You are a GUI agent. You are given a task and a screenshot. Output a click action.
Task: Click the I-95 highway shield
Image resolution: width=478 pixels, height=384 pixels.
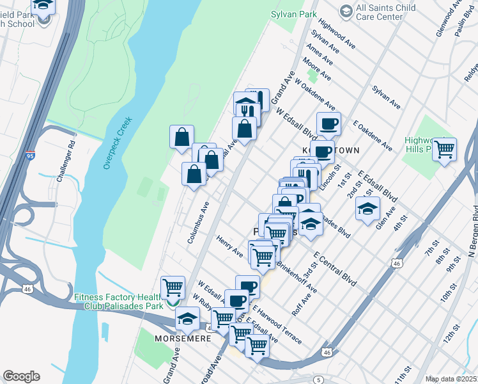coord(31,156)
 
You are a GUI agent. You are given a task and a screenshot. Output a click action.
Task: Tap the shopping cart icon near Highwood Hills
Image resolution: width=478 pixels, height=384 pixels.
coord(444,150)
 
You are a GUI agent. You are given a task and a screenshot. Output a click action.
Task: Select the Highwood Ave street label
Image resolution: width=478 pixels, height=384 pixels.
coord(337,36)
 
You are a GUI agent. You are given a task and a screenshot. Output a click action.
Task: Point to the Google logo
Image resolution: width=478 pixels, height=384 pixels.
coord(21,376)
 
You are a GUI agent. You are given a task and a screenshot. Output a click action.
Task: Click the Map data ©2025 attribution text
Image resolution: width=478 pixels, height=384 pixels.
coord(450,379)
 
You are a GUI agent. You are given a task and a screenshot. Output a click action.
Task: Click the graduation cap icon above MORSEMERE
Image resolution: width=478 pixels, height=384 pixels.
coord(187,317)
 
